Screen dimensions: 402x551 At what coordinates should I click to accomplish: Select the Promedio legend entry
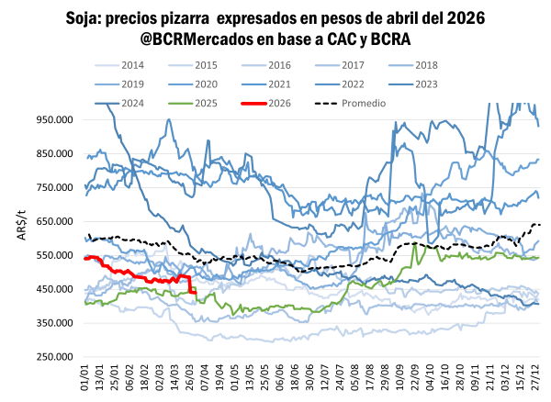click(364, 102)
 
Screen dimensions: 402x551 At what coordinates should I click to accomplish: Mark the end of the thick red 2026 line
click(195, 293)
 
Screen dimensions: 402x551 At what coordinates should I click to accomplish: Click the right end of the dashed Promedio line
click(540, 225)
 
